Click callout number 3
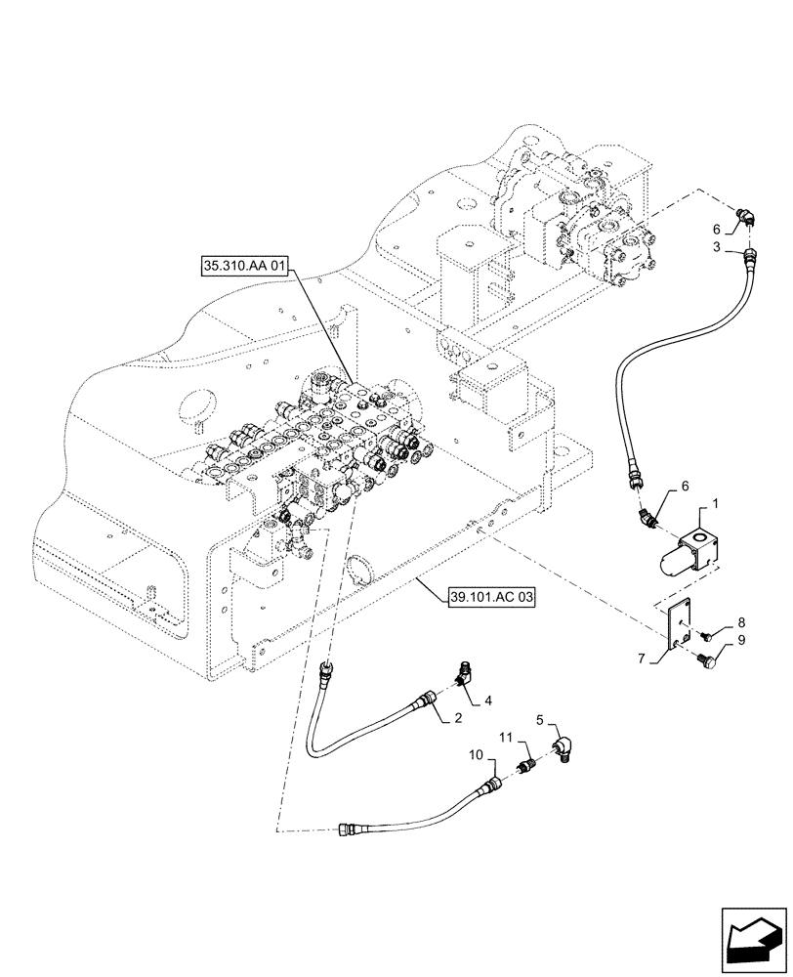pos(718,248)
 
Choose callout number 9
pos(740,641)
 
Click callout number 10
pos(476,755)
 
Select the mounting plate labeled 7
pos(677,626)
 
